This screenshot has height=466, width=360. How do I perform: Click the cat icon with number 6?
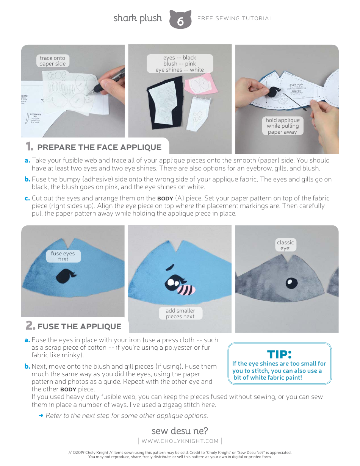pyautogui.click(x=180, y=20)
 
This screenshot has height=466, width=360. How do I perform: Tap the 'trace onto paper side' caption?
pyautogui.click(x=52, y=61)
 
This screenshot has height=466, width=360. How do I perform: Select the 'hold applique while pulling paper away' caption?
pyautogui.click(x=282, y=126)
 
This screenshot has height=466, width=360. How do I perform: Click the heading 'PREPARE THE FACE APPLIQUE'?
pyautogui.click(x=99, y=147)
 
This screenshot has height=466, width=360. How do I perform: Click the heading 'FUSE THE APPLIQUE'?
pyautogui.click(x=79, y=327)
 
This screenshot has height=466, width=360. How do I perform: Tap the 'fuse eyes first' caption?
pyautogui.click(x=63, y=256)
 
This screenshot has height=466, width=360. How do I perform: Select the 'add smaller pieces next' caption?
pyautogui.click(x=180, y=314)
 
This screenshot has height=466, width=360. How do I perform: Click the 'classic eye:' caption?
pyautogui.click(x=285, y=245)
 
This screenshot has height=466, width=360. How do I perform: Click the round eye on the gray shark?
pyautogui.click(x=291, y=282)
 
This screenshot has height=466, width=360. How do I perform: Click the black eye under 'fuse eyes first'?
pyautogui.click(x=64, y=275)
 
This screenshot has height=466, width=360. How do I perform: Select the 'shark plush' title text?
pyautogui.click(x=138, y=18)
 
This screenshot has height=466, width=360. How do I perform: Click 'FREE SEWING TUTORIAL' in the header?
pyautogui.click(x=235, y=18)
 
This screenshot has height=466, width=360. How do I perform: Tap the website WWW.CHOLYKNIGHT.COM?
pyautogui.click(x=180, y=441)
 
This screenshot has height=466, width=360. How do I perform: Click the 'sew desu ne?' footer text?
pyautogui.click(x=180, y=431)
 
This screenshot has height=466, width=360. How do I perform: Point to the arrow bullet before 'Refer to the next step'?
pyautogui.click(x=41, y=416)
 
